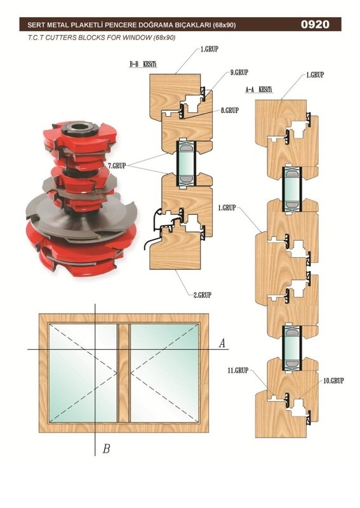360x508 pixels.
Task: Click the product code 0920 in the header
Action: [x=315, y=24]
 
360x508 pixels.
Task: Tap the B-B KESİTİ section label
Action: [x=143, y=64]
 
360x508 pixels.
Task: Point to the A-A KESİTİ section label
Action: [x=259, y=90]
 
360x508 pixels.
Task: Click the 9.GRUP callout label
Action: [x=239, y=72]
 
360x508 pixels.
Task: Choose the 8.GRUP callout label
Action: [x=230, y=110]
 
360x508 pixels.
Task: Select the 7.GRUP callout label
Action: [x=117, y=166]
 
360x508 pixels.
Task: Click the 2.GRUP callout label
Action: [x=202, y=295]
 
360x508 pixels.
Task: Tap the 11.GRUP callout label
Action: [x=238, y=370]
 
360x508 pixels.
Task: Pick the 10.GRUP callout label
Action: [x=334, y=380]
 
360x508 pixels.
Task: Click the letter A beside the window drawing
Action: [x=222, y=343]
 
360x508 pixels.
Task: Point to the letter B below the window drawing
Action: [x=106, y=449]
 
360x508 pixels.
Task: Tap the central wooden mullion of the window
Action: [x=123, y=373]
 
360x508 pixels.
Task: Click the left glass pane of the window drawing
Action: [x=83, y=373]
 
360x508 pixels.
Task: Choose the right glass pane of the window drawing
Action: [x=164, y=373]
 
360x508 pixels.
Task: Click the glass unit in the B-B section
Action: [x=186, y=164]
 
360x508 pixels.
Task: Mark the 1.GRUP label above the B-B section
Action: [x=210, y=50]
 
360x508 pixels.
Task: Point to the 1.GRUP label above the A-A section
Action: [x=315, y=75]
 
